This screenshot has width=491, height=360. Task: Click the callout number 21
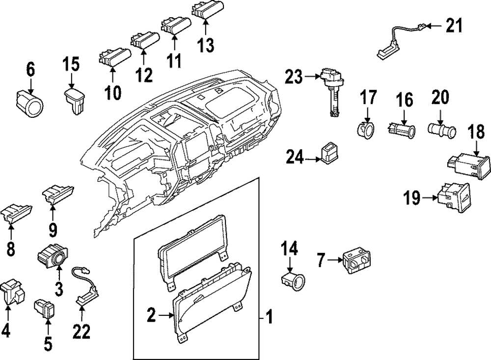pos(454,26)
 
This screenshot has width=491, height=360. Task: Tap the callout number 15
pos(71,64)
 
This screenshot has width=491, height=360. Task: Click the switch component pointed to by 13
pos(208,8)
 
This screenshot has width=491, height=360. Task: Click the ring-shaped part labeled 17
pos(366,129)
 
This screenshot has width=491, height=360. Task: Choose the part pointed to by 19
pos(454,198)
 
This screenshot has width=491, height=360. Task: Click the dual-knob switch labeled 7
pos(356,262)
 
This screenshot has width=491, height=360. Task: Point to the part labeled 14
pos(293,279)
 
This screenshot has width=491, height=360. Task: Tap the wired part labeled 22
pos(86,286)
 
